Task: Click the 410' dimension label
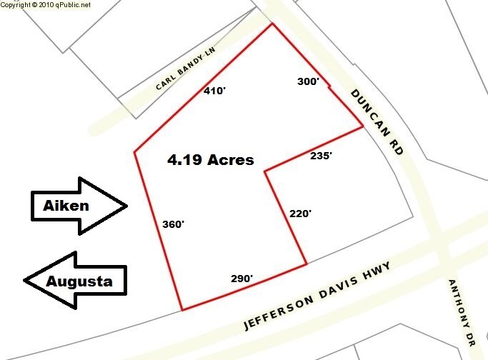click(214, 91)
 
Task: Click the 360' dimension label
click(173, 224)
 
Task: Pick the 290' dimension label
click(241, 279)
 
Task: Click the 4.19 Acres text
click(211, 160)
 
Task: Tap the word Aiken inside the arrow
click(66, 206)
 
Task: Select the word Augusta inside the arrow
click(79, 281)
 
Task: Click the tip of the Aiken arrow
click(126, 206)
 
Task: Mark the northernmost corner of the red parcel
click(272, 24)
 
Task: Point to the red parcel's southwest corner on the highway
click(182, 310)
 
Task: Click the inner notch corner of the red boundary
click(265, 171)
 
